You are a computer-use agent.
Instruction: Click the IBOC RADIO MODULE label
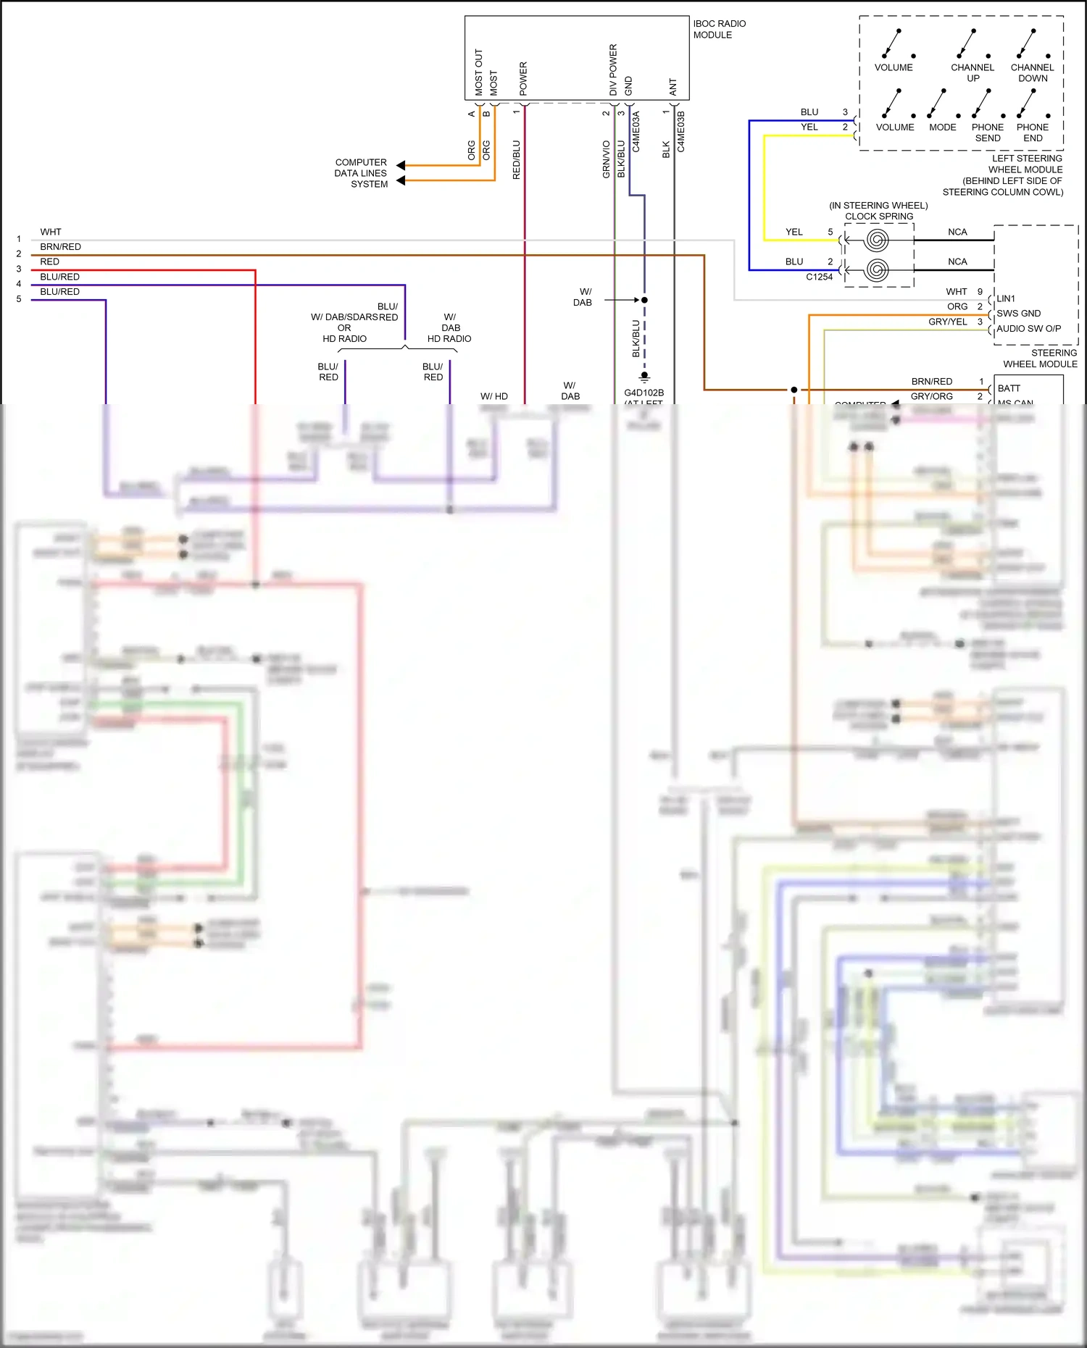coord(719,29)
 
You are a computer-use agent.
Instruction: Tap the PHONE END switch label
coord(1033,133)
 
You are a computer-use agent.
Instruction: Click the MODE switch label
coord(942,127)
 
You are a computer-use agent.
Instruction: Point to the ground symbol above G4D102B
coord(644,377)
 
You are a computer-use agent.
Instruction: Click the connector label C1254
coord(819,277)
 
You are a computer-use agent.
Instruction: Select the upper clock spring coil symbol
coord(877,240)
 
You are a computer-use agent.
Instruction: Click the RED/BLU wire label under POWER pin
coord(516,159)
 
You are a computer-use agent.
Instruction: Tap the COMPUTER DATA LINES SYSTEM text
coord(361,173)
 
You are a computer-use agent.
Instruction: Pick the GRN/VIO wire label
coord(606,159)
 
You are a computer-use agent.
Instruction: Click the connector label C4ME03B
coord(680,131)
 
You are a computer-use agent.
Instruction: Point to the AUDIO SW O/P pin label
coord(1028,329)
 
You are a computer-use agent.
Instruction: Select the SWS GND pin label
coord(1018,314)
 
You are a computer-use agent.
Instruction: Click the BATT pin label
coord(1009,388)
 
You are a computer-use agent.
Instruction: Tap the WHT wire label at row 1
coord(51,232)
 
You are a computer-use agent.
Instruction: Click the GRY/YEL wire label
coord(947,322)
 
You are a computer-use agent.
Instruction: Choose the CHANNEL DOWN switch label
coord(1032,73)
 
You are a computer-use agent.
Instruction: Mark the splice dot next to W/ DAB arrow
coord(644,300)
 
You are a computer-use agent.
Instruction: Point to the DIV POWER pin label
coord(613,70)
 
